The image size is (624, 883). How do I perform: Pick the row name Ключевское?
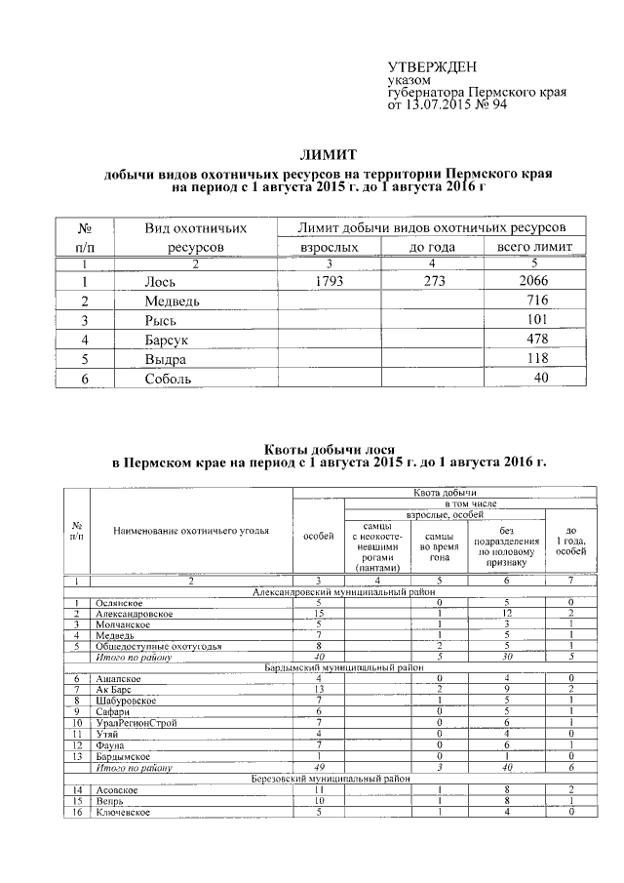click(123, 812)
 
